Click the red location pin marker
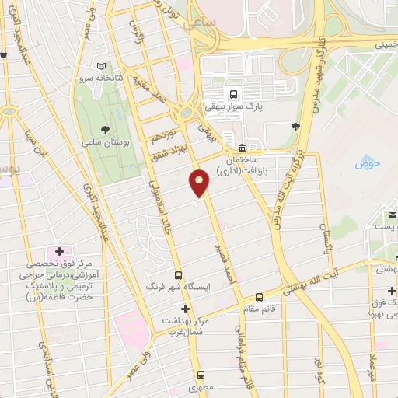click(x=200, y=183)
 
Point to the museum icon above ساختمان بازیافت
click(x=242, y=148)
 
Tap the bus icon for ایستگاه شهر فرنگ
click(x=179, y=275)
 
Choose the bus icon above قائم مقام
click(x=260, y=297)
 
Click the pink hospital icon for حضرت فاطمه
click(x=59, y=253)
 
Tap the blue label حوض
click(x=366, y=163)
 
